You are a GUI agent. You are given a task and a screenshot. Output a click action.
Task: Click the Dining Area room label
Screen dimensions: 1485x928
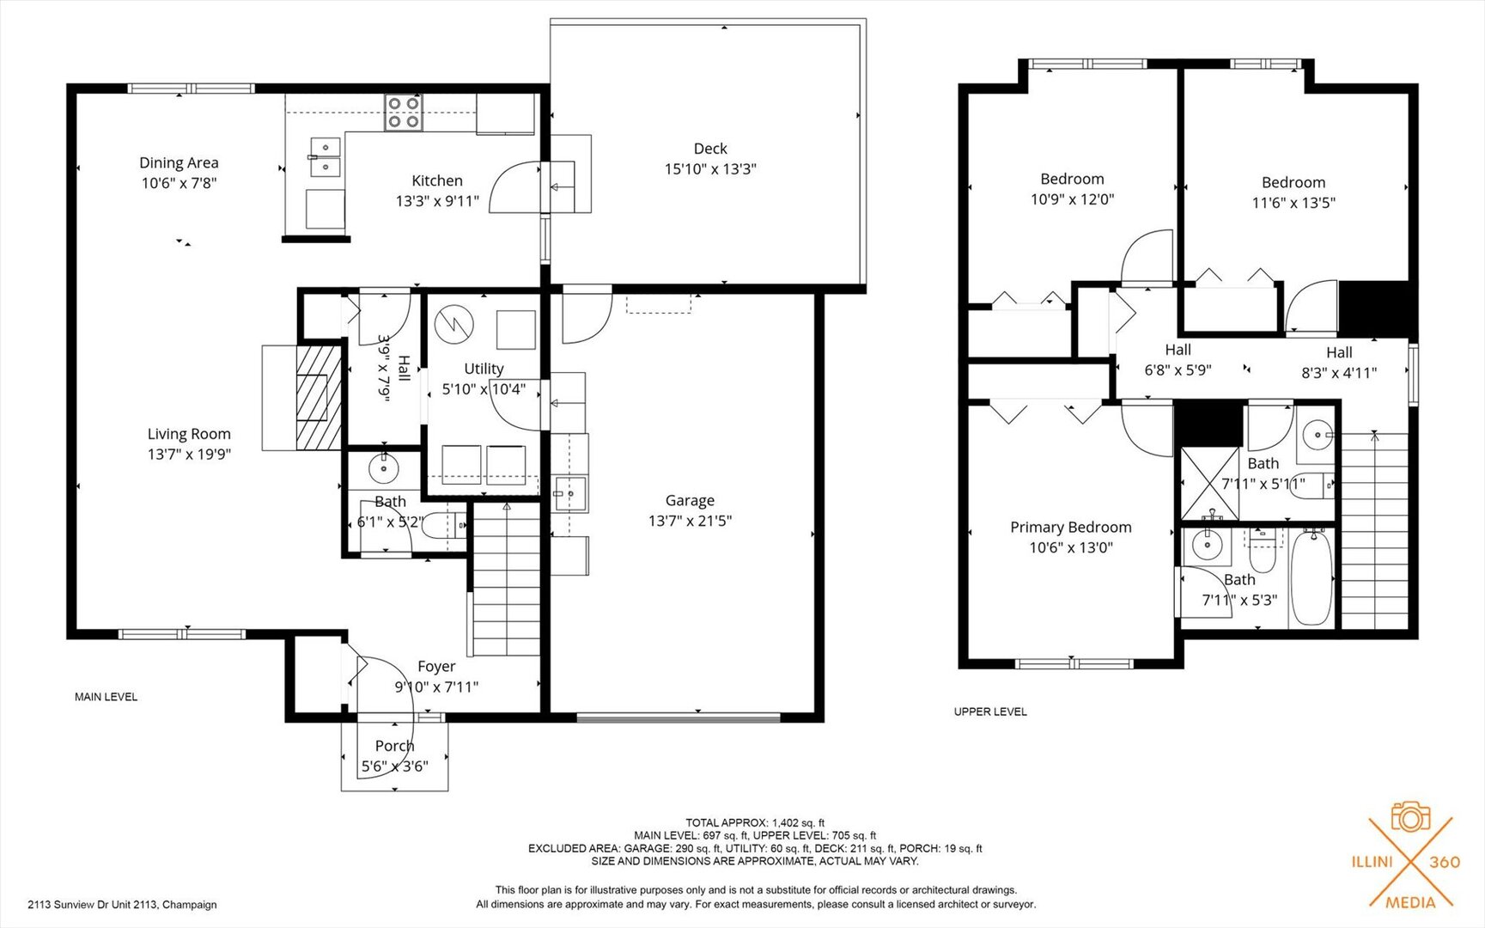point(179,162)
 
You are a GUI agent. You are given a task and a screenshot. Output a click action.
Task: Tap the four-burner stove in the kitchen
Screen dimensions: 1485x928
point(404,113)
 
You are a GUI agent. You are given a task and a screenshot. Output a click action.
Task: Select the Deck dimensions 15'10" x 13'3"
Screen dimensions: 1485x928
point(710,169)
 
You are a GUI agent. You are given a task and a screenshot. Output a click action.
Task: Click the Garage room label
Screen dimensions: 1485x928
point(690,500)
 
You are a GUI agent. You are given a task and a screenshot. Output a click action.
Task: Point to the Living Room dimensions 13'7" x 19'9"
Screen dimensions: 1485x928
point(189,454)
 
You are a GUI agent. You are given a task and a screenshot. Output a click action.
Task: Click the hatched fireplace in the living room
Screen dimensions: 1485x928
point(319,397)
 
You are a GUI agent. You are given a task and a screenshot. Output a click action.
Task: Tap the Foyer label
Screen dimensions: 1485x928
point(436,666)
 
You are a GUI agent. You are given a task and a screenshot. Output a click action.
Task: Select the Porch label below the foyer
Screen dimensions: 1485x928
point(394,746)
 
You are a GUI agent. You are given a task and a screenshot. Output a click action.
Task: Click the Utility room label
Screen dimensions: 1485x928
point(484,369)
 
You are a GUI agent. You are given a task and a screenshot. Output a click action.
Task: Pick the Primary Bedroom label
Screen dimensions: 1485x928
point(1071,527)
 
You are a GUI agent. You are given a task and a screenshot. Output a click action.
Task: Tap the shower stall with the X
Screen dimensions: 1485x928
point(1210,484)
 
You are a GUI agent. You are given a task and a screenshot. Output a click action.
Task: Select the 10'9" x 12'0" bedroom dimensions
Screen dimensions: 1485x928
point(1072,199)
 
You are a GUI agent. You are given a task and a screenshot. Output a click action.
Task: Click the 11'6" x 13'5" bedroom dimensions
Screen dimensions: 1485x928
point(1293,203)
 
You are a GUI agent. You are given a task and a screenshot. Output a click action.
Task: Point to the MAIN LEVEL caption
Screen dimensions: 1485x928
point(106,697)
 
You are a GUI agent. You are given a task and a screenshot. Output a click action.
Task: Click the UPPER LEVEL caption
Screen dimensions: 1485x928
point(990,711)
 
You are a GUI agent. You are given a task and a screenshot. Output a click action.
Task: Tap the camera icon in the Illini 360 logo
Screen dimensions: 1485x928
point(1410,816)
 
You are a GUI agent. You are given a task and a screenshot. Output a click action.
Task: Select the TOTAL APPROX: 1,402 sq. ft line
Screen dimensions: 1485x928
point(755,823)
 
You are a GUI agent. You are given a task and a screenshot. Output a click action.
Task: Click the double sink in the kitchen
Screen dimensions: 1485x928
point(325,156)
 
